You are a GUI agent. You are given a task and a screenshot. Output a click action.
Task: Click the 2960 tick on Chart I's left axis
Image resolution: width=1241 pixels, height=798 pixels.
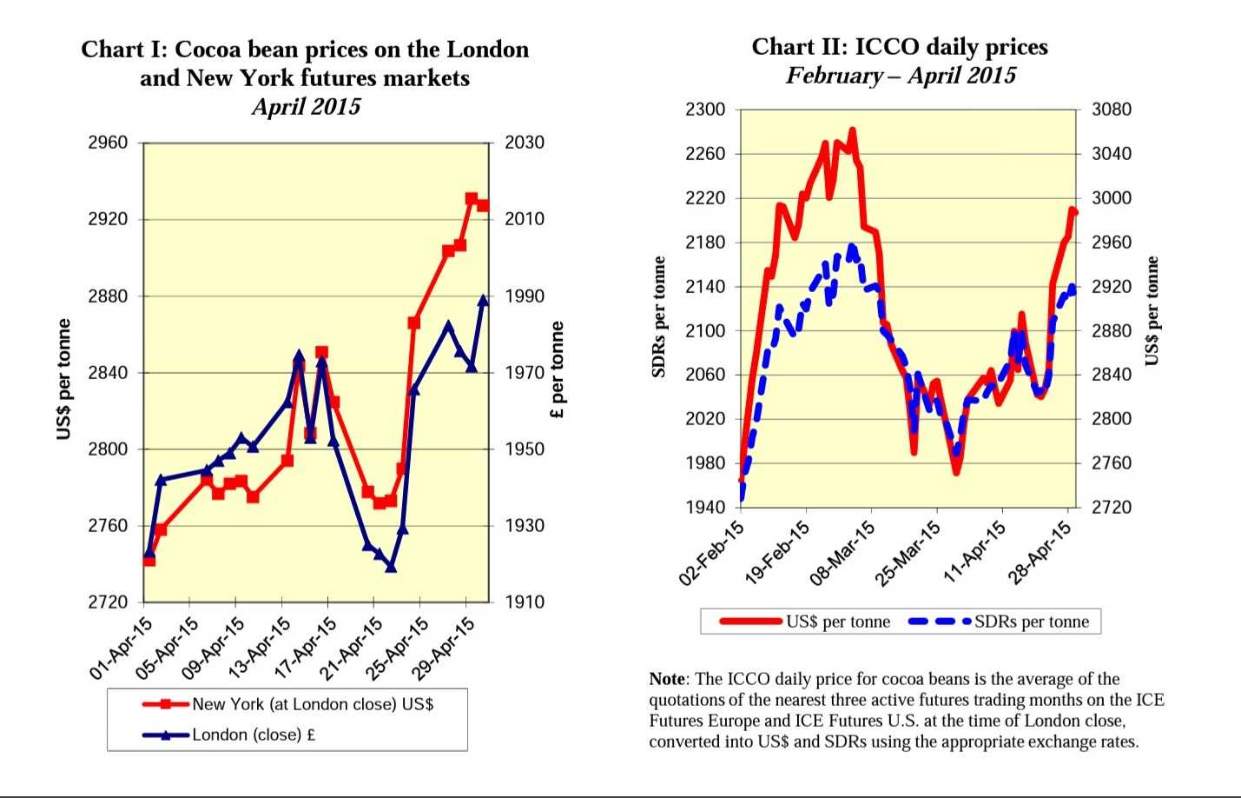tap(107, 143)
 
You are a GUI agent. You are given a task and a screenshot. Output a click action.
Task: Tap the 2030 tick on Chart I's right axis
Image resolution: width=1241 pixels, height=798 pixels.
tap(525, 143)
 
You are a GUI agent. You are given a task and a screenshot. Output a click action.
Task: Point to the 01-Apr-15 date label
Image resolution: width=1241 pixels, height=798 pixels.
tap(122, 648)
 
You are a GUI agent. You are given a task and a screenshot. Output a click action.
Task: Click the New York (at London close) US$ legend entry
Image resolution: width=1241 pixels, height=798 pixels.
tap(312, 704)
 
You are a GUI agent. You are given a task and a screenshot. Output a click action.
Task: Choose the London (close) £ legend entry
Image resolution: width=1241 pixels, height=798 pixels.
tap(253, 735)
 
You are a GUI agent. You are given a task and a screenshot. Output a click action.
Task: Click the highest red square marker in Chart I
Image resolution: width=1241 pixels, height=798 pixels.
tap(472, 199)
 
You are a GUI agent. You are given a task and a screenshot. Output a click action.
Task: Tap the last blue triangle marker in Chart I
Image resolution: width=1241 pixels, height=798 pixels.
tap(484, 300)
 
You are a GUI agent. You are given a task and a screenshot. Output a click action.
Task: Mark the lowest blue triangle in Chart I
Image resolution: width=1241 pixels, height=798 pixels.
tap(391, 567)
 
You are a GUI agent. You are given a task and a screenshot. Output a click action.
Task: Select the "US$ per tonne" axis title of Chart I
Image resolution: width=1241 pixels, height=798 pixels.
tap(63, 379)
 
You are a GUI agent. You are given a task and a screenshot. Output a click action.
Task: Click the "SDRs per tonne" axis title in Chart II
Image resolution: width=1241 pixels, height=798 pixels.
tap(659, 317)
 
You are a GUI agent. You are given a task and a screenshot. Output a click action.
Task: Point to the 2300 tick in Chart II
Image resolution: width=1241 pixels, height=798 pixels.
tap(704, 110)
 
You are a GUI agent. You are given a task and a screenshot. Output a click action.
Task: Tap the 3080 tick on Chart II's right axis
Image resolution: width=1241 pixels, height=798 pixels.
tap(1111, 110)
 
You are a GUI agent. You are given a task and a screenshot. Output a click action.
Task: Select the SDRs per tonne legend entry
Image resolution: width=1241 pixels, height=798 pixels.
tap(1031, 622)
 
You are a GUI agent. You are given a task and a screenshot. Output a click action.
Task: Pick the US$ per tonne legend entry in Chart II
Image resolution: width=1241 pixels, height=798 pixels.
tap(837, 622)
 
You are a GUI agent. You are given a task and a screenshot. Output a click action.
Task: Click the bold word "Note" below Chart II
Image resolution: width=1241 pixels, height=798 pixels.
tap(667, 679)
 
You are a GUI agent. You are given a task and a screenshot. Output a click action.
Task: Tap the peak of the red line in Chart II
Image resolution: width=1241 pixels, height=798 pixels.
tap(853, 130)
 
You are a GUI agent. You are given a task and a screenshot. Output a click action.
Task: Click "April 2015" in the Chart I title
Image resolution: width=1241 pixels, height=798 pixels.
tap(306, 107)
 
